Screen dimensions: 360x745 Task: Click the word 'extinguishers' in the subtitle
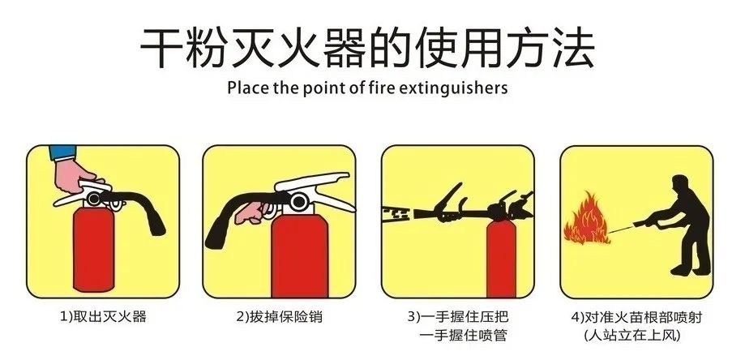tap(459, 88)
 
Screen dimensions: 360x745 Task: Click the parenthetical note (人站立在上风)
tap(633, 334)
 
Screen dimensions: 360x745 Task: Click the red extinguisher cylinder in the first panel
tap(95, 251)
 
